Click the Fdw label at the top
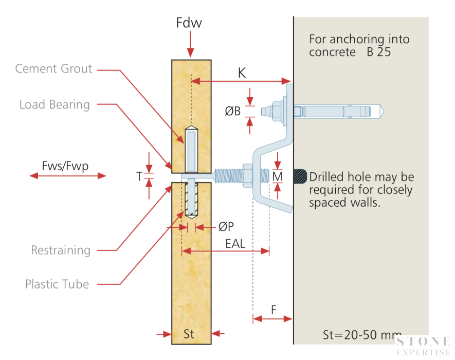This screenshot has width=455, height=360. pos(189,23)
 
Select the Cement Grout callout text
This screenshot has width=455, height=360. pos(53,69)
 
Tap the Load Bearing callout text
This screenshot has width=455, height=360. pos(54,105)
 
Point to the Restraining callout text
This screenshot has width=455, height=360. pos(61,250)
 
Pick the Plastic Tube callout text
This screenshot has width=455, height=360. pos(57,284)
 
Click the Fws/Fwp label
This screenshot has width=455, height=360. pos(65,166)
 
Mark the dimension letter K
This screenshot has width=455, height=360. pos(242,73)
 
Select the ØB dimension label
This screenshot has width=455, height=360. pos(233,111)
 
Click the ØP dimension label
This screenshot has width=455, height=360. pos(226,226)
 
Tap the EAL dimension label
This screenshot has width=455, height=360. pos(235,244)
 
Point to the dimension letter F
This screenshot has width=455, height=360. pos(274,310)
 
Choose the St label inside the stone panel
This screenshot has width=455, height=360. pos(189,334)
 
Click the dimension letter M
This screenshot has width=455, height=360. pos(278,176)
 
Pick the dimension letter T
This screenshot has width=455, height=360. pos(139,176)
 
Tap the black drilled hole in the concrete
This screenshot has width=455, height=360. pos(300,176)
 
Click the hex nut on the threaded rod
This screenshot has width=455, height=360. pos(247,176)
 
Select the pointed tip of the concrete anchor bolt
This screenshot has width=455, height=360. pos(384,112)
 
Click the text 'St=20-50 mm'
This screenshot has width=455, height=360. pos(362,335)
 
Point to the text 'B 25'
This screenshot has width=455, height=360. pos(379,52)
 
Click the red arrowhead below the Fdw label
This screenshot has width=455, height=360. pos(190,53)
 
